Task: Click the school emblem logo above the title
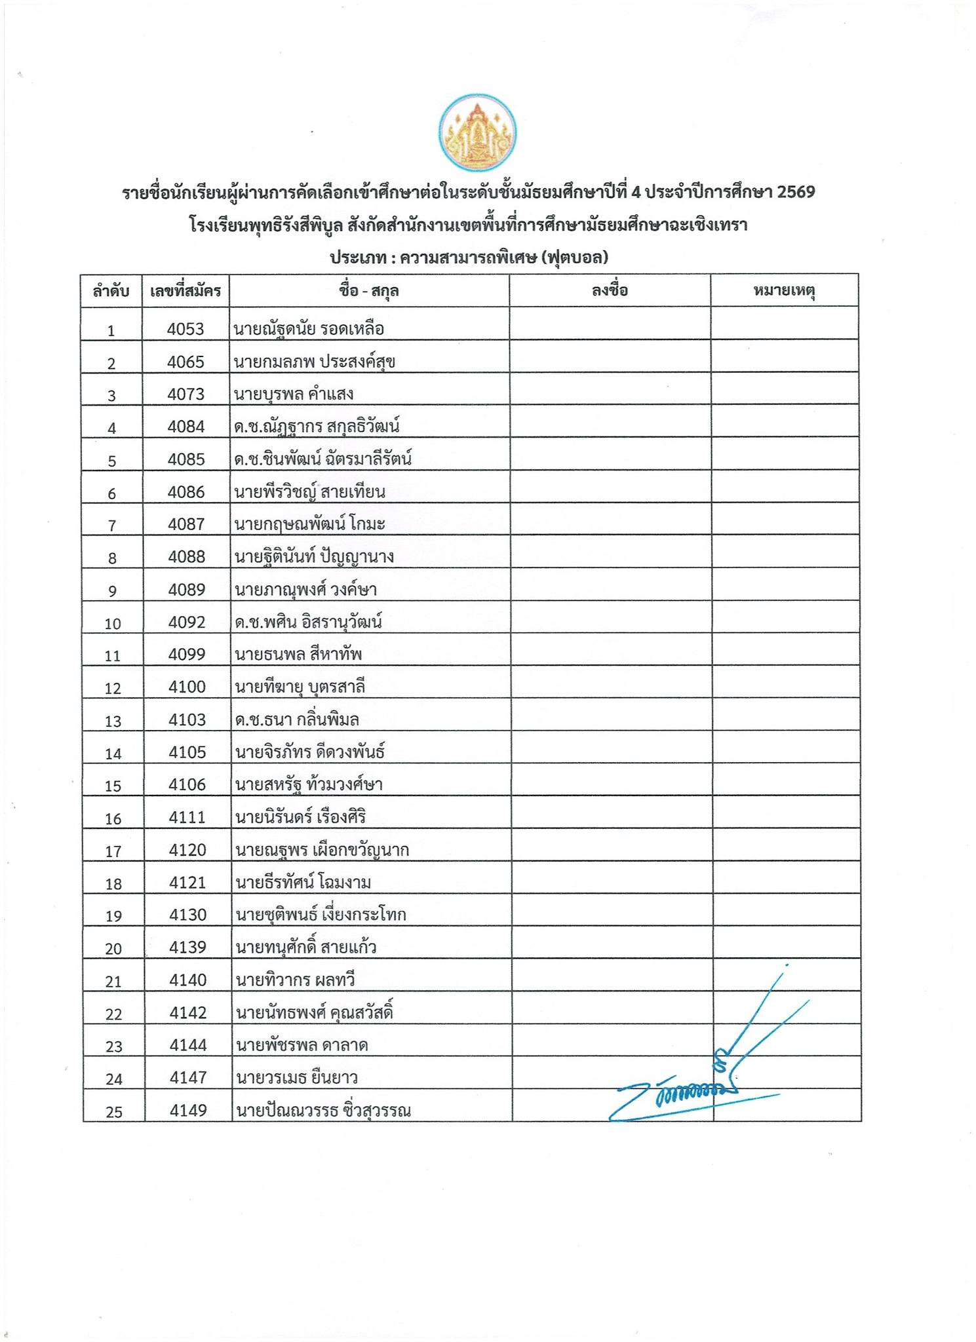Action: [x=477, y=133]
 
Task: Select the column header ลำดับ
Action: [x=111, y=291]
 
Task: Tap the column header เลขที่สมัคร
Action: [x=185, y=291]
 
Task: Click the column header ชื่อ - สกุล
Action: [x=369, y=291]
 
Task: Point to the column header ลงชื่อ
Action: [x=610, y=290]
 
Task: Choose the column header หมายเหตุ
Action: [x=784, y=290]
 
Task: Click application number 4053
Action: [x=185, y=329]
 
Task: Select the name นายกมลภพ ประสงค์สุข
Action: [x=315, y=362]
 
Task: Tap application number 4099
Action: [x=187, y=654]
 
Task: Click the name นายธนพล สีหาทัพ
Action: [x=299, y=654]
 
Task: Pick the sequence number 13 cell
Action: [x=113, y=721]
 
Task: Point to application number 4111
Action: [x=187, y=817]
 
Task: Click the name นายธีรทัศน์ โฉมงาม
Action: [x=303, y=883]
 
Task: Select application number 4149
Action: [x=188, y=1111]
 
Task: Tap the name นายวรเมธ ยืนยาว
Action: [x=296, y=1078]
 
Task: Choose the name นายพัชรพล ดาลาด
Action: [x=302, y=1045]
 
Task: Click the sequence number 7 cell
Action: [x=112, y=525]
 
